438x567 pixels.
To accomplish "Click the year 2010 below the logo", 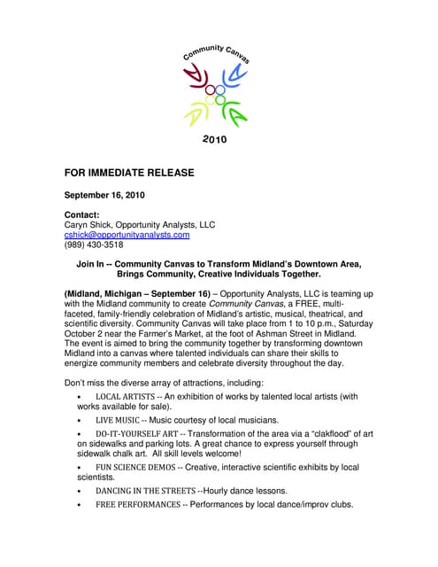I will click(x=215, y=139).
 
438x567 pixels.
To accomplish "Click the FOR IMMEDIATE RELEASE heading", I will click(x=129, y=172).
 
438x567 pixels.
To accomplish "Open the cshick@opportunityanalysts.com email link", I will click(x=127, y=235).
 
